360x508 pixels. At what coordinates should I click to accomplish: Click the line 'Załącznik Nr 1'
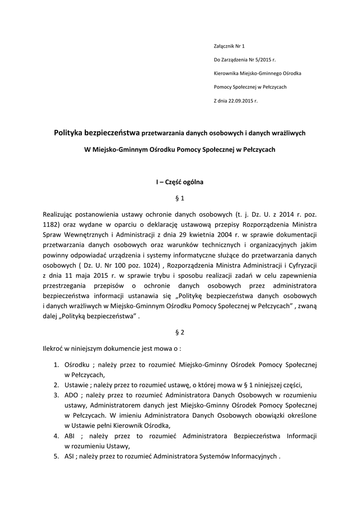point(229,46)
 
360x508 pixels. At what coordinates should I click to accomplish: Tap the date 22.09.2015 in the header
point(240,101)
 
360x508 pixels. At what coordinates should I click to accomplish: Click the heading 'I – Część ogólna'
point(180,182)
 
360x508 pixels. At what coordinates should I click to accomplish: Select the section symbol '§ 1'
point(180,199)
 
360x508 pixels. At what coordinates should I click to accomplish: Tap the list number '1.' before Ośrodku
point(57,365)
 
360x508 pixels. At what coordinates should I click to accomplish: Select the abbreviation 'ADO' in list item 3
point(72,395)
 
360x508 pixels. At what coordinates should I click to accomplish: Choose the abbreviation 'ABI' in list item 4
point(71,436)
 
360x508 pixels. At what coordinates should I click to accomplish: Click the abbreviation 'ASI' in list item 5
point(70,456)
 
